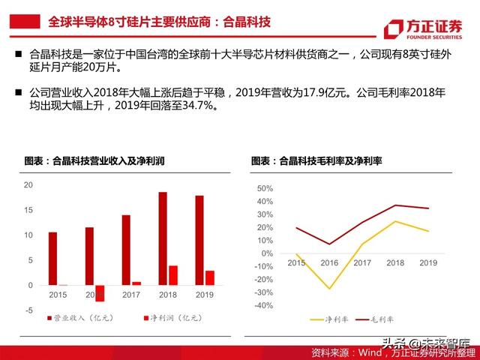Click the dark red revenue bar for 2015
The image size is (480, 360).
52,259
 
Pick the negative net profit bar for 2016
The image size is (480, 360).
99,292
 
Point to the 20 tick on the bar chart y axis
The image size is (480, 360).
28,185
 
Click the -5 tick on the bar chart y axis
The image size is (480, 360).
28,310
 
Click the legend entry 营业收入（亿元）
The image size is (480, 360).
79,319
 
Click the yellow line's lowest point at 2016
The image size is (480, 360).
329,289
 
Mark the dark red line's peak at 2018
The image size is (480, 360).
395,205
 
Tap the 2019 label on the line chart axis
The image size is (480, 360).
428,263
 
